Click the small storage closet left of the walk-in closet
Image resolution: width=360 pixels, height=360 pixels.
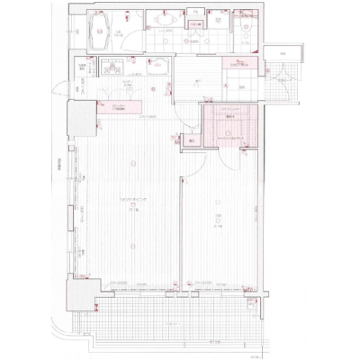[x=191, y=139]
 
